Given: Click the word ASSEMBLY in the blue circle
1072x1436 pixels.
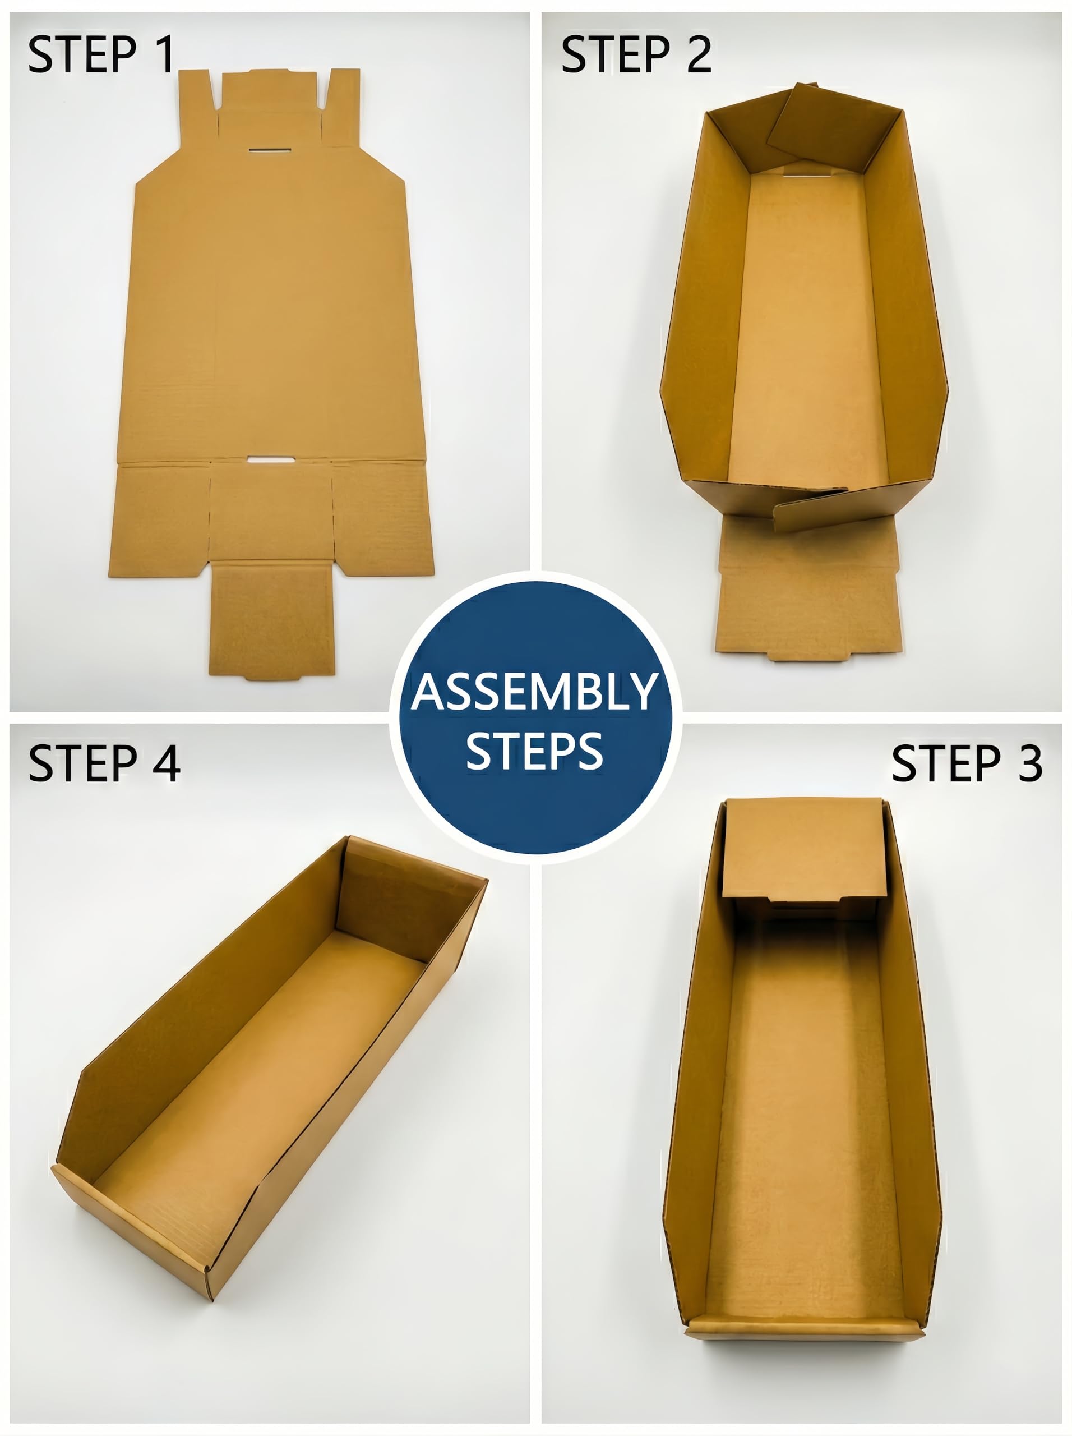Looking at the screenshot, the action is [535, 692].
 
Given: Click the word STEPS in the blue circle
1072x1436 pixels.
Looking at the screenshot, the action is [535, 751].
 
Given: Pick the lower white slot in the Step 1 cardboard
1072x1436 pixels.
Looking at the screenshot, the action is [271, 459].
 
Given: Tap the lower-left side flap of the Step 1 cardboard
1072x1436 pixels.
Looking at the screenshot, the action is [160, 519].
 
